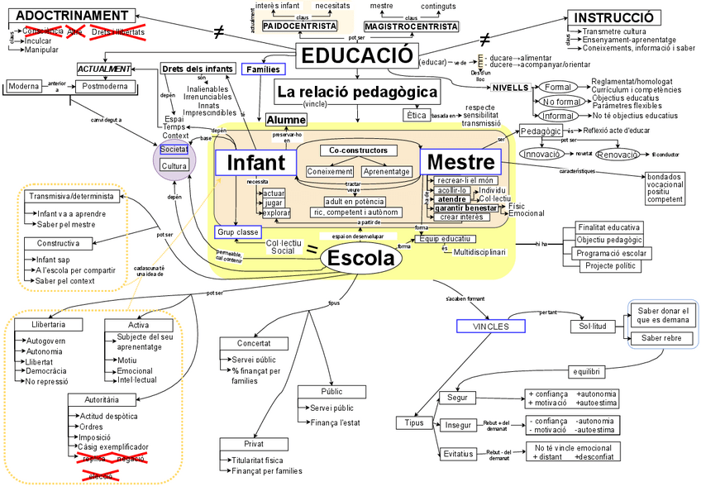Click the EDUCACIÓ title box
pos(355,55)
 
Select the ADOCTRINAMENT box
pos(67,16)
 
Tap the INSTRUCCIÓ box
pos(614,18)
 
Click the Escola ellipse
pos(361,259)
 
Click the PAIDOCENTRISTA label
pos(300,26)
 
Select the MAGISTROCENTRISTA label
pos(411,26)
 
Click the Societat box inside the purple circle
pos(174,150)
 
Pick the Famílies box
pos(264,69)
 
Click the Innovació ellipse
pos(542,154)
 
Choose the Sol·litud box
pos(589,327)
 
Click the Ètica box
pos(415,115)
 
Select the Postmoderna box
pos(105,86)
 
